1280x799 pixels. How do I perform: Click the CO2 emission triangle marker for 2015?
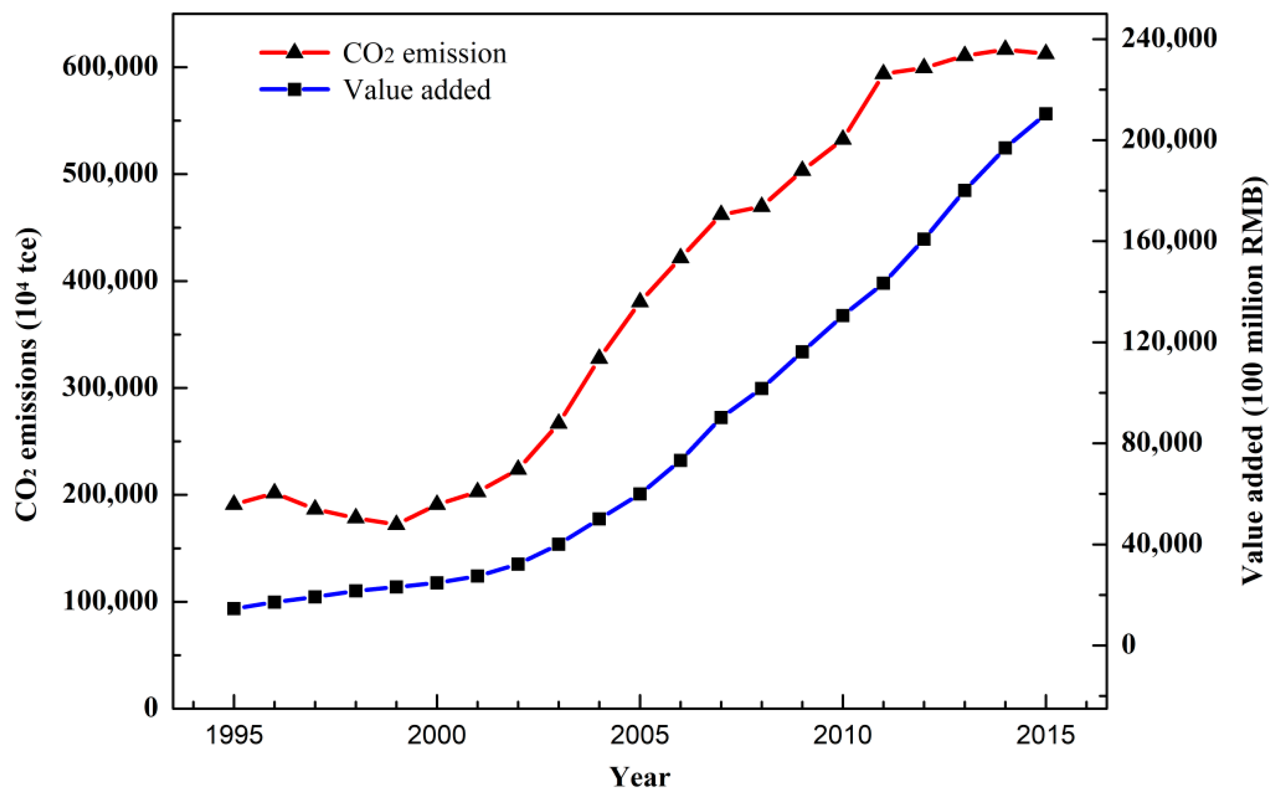[1045, 53]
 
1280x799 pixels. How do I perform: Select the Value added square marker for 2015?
[1045, 114]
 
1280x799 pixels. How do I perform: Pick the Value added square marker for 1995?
[233, 609]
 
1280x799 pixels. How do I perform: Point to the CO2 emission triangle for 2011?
[883, 73]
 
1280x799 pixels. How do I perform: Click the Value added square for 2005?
[640, 494]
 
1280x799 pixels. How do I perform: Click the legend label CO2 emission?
[424, 53]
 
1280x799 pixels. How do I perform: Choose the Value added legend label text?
[417, 89]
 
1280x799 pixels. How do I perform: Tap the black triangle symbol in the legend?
[295, 52]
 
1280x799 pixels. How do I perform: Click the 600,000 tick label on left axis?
[110, 67]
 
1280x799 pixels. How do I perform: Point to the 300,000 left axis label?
[110, 388]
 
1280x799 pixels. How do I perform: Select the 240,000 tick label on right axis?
[1169, 38]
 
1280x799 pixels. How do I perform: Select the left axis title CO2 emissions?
[26, 375]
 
